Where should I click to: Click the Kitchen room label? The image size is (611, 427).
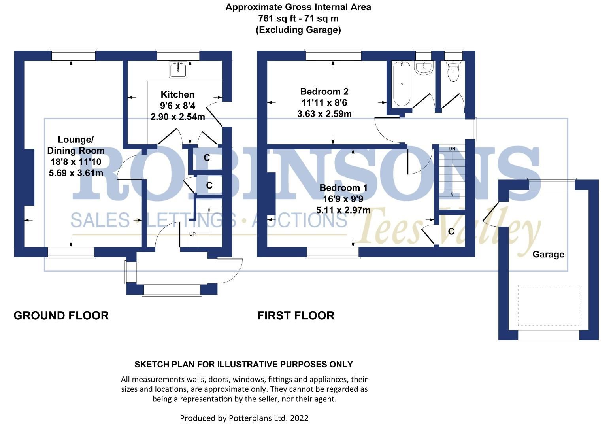tap(177, 94)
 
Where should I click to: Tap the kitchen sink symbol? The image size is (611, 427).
tap(179, 70)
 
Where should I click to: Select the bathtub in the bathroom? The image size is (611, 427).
tap(402, 83)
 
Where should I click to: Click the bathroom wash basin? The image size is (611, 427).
tap(424, 68)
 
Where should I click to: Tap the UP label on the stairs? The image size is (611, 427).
tap(192, 234)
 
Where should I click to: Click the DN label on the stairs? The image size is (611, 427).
tap(452, 149)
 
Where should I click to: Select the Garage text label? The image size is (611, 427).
tap(548, 254)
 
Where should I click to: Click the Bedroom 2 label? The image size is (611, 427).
tap(324, 92)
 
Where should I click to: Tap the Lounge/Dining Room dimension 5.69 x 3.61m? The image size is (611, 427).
tap(76, 173)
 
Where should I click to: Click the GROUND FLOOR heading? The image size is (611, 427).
tap(61, 316)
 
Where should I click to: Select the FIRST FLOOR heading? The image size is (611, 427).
tap(296, 316)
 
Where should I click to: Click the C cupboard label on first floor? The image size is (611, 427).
tap(451, 231)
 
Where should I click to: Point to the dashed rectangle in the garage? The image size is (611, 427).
tap(549, 305)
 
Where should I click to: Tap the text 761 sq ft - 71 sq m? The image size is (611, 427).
tap(298, 18)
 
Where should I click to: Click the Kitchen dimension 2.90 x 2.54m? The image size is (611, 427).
tap(177, 117)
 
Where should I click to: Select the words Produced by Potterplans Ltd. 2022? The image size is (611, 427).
tap(244, 418)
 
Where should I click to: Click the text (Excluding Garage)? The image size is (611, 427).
tap(298, 30)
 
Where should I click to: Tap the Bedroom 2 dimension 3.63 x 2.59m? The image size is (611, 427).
tap(324, 114)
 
